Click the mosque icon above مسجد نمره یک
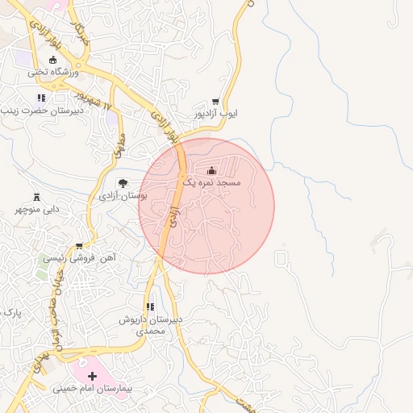click(x=212, y=170)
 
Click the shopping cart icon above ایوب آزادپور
click(x=215, y=102)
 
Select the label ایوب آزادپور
click(x=216, y=115)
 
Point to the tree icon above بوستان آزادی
click(x=123, y=182)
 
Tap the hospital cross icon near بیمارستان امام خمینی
click(x=92, y=376)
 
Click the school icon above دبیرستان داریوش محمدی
click(x=150, y=307)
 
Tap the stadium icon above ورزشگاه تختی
click(x=53, y=60)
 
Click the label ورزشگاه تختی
click(x=53, y=73)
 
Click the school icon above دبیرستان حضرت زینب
click(x=40, y=98)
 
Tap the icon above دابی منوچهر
click(x=36, y=197)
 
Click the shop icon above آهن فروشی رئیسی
click(x=78, y=245)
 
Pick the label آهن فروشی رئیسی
click(x=79, y=258)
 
